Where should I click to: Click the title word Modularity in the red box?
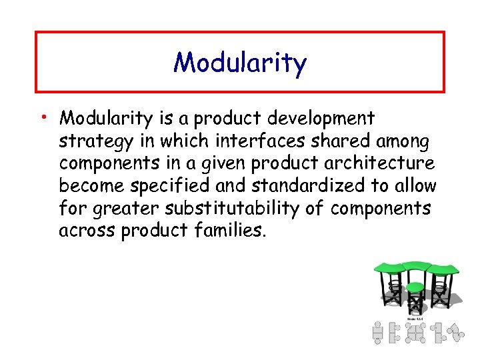[240, 63]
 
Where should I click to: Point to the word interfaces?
[245, 141]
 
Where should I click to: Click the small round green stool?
[415, 288]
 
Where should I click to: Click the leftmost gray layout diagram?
[377, 332]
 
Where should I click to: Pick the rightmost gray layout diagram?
[456, 332]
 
